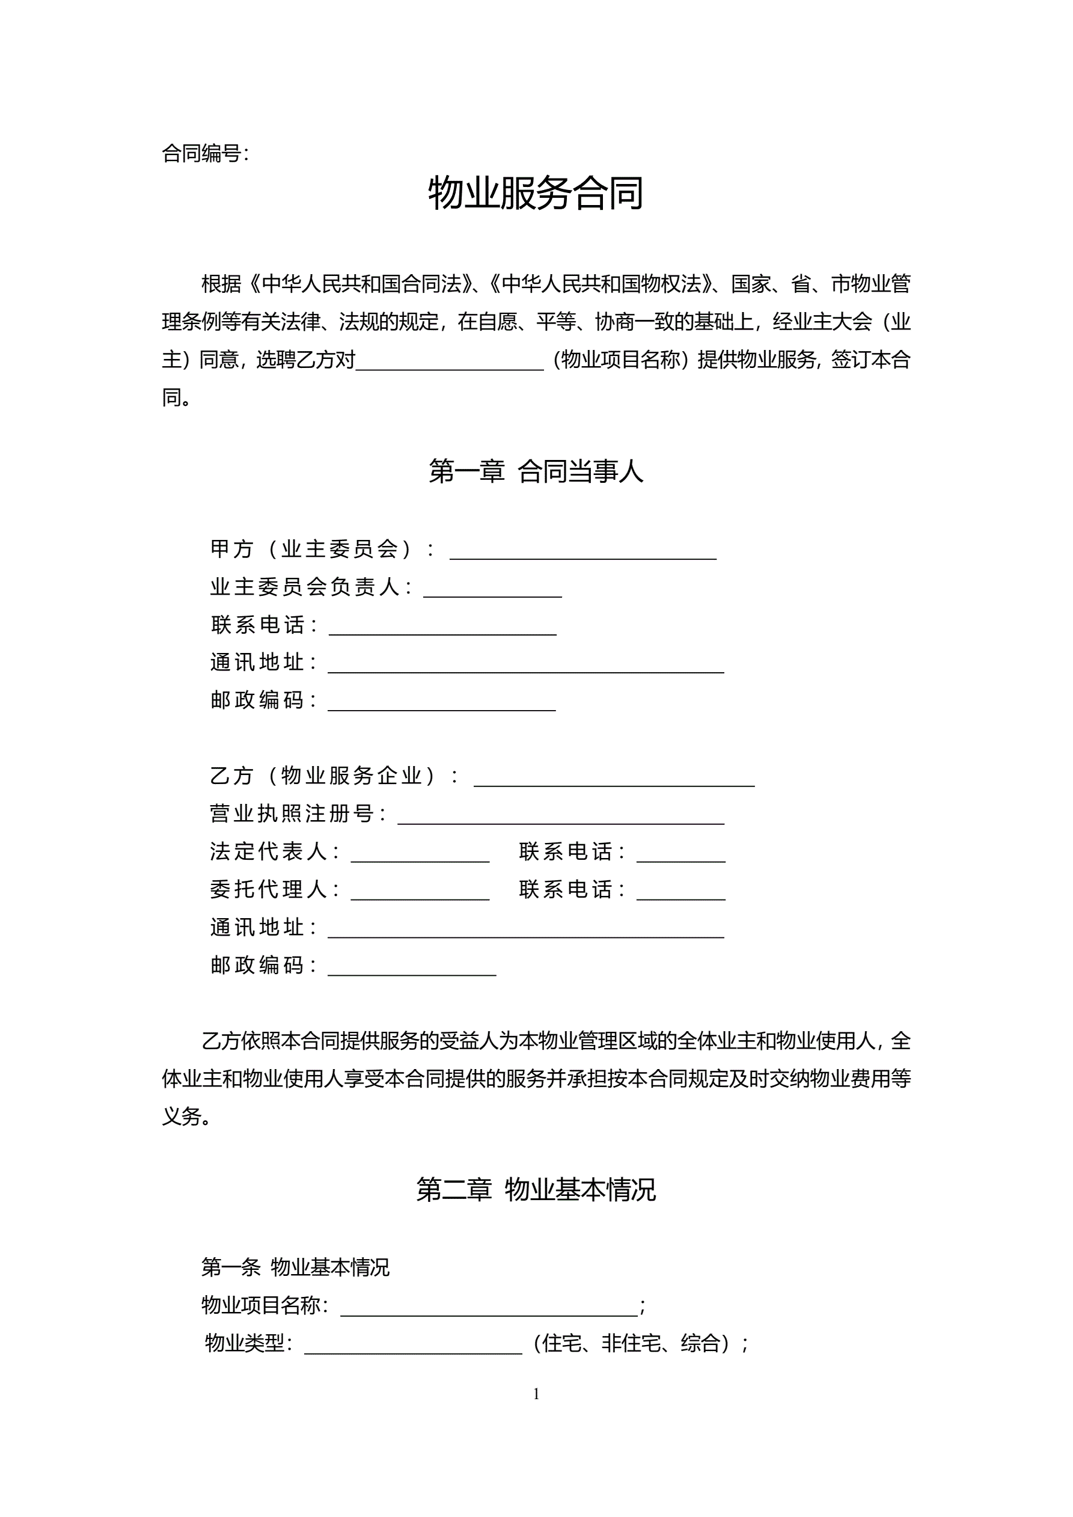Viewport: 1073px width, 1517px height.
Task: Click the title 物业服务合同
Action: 536,193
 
